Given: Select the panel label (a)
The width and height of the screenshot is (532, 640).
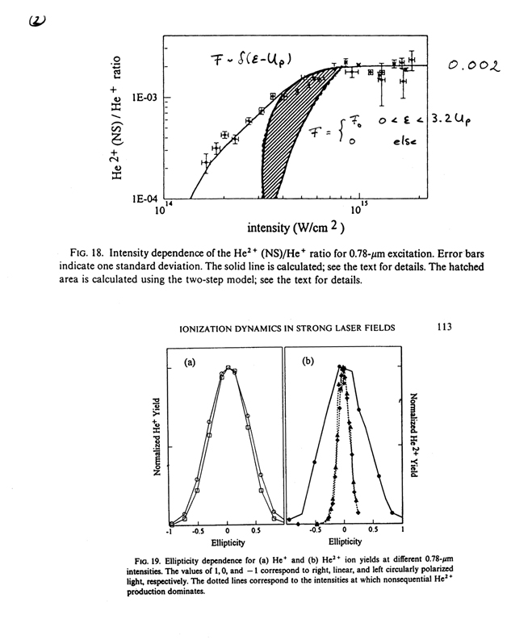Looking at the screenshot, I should [191, 362].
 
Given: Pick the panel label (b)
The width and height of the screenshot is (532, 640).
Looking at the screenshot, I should [308, 362].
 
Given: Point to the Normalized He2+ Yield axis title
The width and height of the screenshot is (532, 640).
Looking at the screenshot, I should [413, 436].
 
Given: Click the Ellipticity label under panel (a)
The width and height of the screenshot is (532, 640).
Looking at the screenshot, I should [227, 542].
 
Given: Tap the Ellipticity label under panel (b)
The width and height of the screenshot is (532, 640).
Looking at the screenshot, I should [345, 542].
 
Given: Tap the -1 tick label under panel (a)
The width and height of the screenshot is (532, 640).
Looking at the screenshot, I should [169, 532].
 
